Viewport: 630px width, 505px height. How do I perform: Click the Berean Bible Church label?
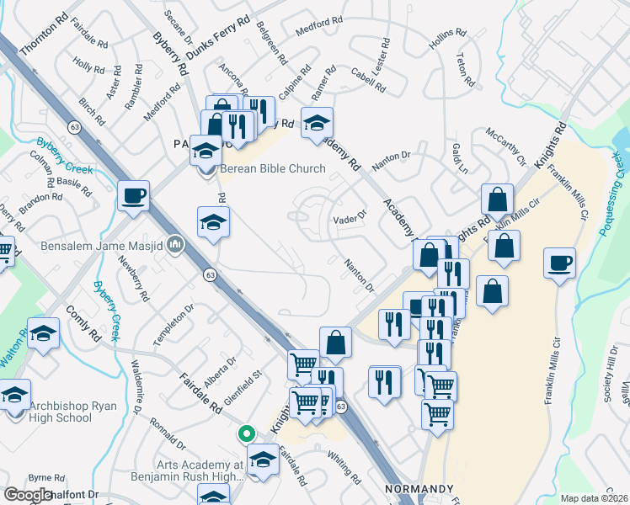[272, 168]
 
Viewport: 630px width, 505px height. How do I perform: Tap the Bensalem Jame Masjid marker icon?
[175, 244]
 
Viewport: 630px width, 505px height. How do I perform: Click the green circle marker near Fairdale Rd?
[246, 434]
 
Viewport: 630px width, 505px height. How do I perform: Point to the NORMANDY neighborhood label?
[419, 489]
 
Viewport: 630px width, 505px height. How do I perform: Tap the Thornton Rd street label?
[42, 35]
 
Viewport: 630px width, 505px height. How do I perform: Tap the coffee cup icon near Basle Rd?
[134, 196]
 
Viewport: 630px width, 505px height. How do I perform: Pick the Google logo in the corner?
[28, 495]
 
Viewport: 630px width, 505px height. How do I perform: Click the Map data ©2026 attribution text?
[594, 498]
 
